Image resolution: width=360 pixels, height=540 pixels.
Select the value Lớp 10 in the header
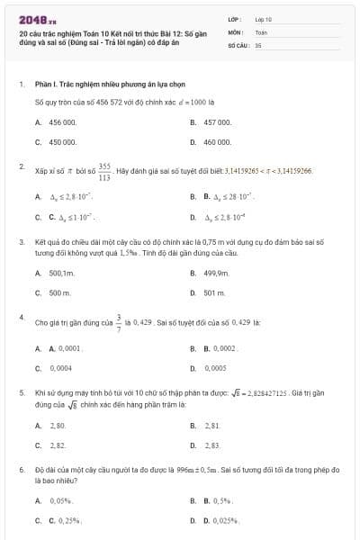click(x=263, y=18)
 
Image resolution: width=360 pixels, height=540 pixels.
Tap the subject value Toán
click(x=261, y=31)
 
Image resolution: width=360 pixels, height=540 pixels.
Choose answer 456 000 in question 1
click(x=63, y=121)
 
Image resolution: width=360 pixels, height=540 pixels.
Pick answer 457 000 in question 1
click(x=218, y=121)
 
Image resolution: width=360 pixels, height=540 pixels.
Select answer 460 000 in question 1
click(x=218, y=142)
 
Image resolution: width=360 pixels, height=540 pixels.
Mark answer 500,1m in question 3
click(x=61, y=273)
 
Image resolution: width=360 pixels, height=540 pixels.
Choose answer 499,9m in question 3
click(x=217, y=273)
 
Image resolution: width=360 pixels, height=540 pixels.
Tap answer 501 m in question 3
click(x=214, y=293)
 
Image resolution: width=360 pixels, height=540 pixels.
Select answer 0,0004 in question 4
click(x=60, y=368)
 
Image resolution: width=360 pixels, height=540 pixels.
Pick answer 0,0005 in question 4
click(x=215, y=368)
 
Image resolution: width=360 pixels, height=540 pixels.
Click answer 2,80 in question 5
click(x=58, y=425)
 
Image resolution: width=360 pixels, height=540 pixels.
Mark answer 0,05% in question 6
click(x=60, y=500)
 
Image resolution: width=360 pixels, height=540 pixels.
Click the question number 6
click(x=21, y=470)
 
